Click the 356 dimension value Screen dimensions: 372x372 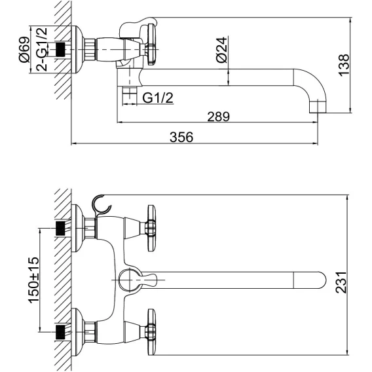point(181,137)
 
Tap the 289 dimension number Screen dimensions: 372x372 point(219,117)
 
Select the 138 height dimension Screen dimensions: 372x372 point(344,65)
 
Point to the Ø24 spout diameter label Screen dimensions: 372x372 point(221,50)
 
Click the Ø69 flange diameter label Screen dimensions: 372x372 point(25,50)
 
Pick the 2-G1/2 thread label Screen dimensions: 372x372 point(42,49)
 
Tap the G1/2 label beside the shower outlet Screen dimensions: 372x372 point(158,98)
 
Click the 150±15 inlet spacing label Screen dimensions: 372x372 point(33,280)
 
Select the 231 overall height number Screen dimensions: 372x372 point(341,282)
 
